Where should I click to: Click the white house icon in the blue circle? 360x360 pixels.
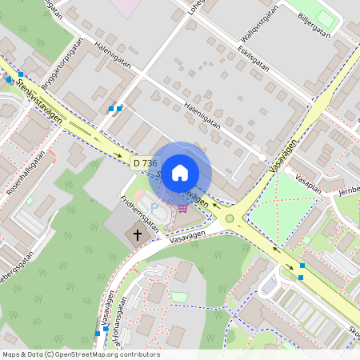coord(180,172)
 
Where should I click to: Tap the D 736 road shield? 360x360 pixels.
coord(145,163)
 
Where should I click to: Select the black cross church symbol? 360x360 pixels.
coord(138,235)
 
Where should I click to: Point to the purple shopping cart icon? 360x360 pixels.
coord(183,208)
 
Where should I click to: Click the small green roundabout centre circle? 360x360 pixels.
coord(230,218)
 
